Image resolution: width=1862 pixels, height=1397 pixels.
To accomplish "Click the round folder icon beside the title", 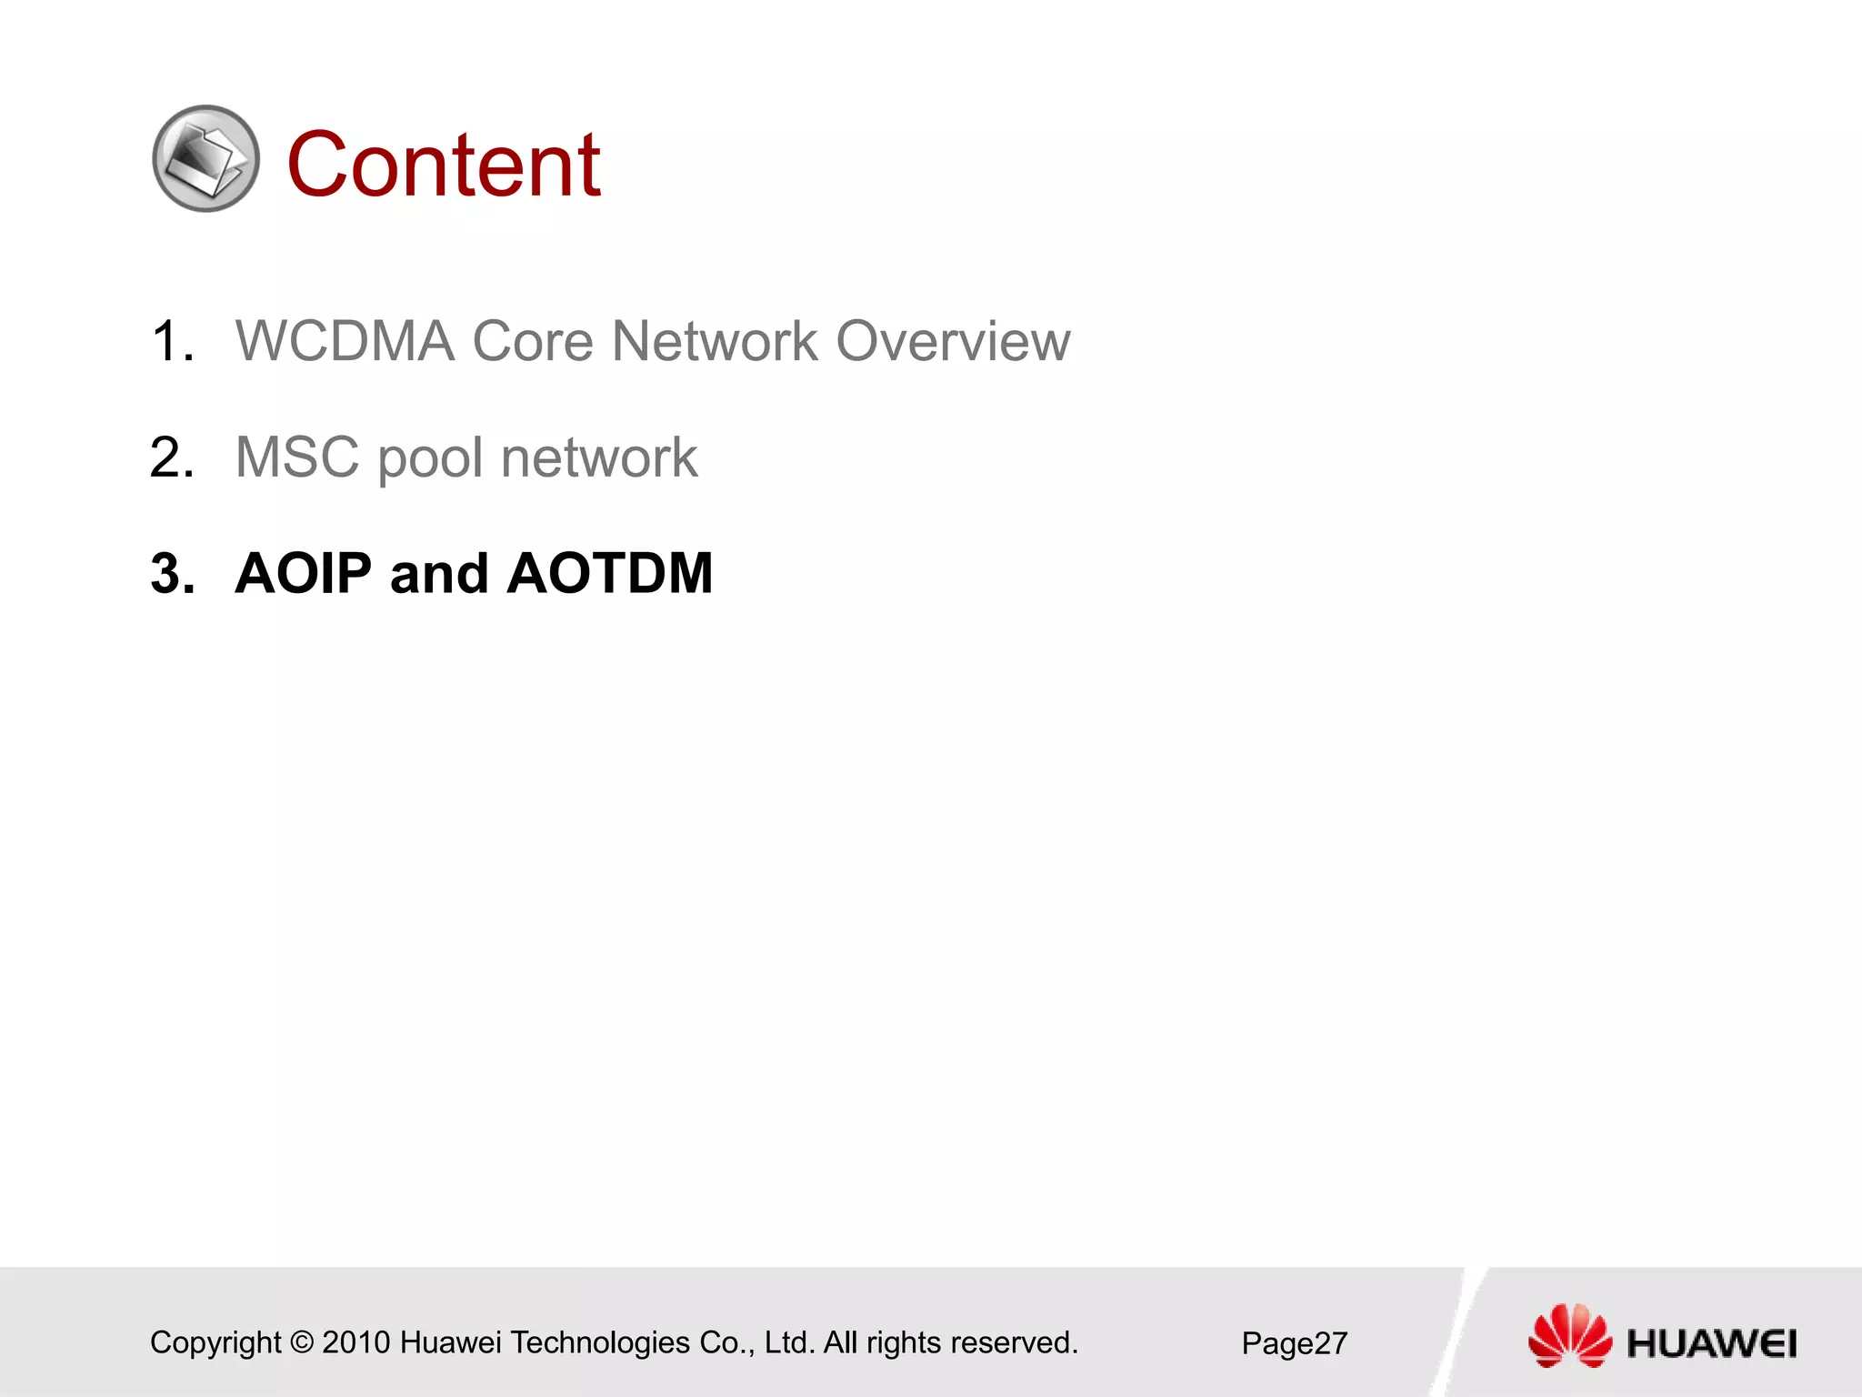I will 206,159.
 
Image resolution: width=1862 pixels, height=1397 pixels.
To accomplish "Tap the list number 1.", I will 172,342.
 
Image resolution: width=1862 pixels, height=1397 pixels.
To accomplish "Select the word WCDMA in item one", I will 345,342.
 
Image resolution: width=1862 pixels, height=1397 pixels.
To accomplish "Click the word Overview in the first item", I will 952,342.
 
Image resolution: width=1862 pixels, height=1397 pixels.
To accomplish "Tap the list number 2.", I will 172,457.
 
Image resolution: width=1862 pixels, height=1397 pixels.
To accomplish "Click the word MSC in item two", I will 297,457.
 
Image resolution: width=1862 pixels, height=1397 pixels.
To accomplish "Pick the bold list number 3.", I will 172,574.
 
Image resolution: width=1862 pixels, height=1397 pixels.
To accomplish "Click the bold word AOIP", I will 304,574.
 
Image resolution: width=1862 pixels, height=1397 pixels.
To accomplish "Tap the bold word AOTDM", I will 609,574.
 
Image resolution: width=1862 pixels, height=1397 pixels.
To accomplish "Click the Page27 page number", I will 1294,1343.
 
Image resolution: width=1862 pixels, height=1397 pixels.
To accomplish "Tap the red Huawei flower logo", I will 1569,1335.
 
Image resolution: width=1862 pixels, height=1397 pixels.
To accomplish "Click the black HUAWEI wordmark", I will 1711,1343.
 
